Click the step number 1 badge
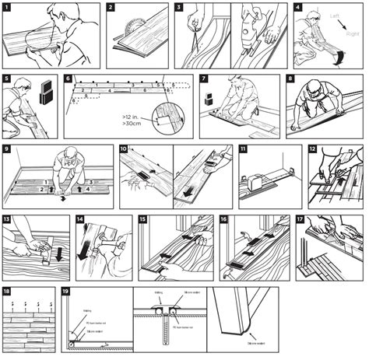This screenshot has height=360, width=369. (x=7, y=7)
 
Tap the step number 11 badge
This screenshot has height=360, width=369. (x=244, y=149)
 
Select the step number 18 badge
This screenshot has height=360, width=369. (x=7, y=291)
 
